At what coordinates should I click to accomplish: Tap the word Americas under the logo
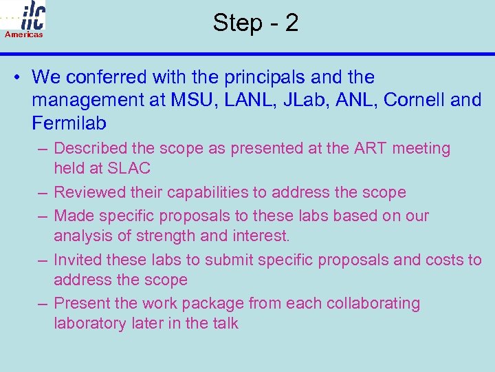point(24,34)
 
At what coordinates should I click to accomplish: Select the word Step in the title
point(236,23)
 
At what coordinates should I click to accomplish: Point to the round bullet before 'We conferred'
point(16,77)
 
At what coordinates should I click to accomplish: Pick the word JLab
point(296,101)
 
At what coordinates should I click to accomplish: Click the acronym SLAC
point(130,169)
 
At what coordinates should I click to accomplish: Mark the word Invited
point(76,260)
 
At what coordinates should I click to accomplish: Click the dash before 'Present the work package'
point(43,304)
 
